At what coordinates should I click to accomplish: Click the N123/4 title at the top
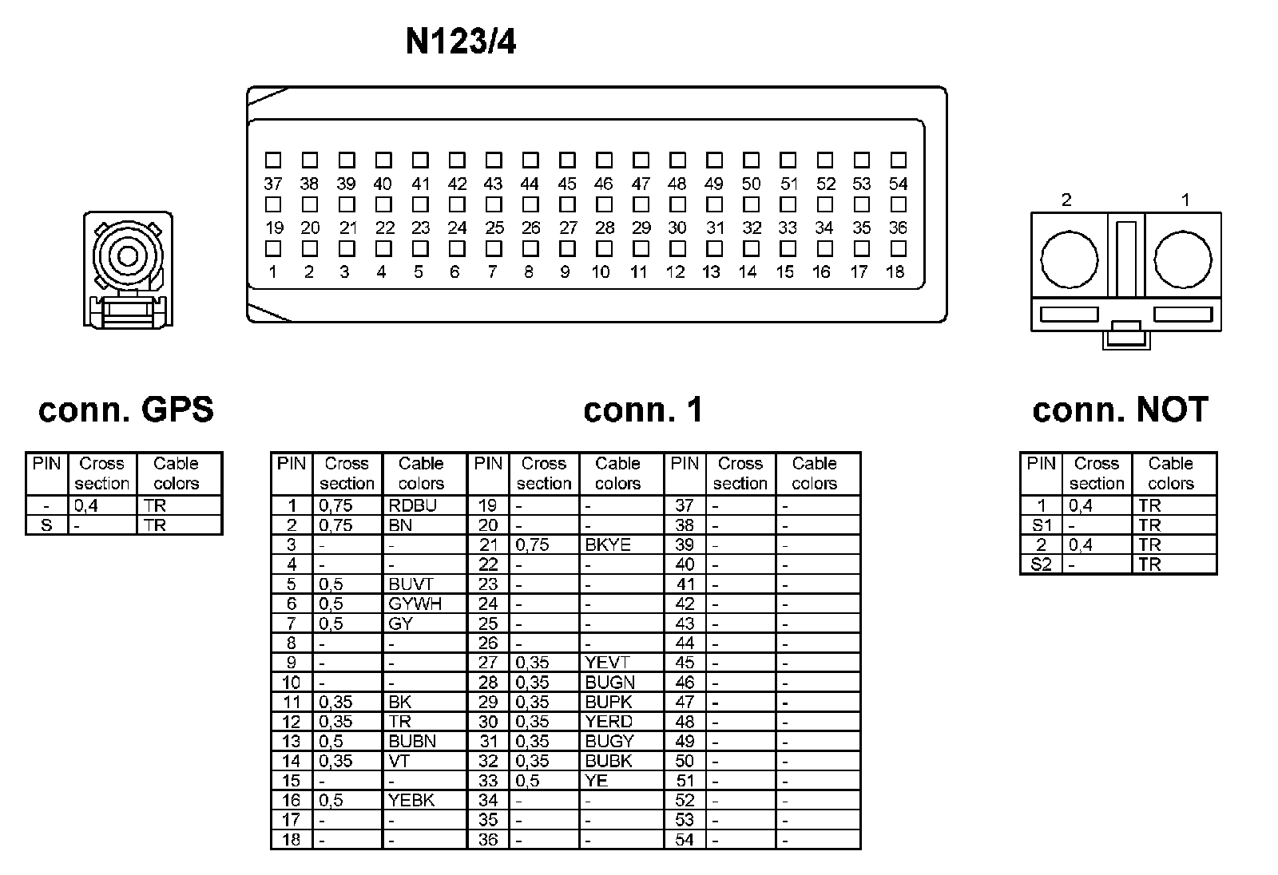click(x=461, y=42)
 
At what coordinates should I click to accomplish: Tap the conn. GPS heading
click(x=126, y=410)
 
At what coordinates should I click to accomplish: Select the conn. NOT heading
click(x=1120, y=410)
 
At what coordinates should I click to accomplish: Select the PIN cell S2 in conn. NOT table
click(x=1042, y=564)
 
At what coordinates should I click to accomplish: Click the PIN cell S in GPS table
click(x=46, y=525)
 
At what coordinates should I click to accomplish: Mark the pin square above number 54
click(x=899, y=160)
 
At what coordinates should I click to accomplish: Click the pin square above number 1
click(x=273, y=249)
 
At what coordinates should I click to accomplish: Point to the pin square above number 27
click(x=568, y=205)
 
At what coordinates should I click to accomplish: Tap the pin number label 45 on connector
click(x=567, y=184)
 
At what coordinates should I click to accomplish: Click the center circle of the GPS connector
click(x=128, y=257)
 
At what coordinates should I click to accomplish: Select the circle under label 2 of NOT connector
click(x=1069, y=259)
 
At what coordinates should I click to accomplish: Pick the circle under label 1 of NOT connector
click(x=1183, y=259)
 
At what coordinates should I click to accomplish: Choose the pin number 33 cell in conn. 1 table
click(x=488, y=781)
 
